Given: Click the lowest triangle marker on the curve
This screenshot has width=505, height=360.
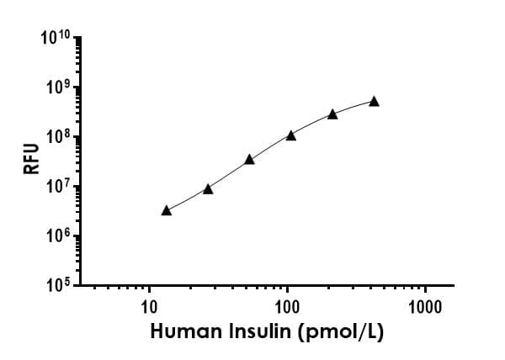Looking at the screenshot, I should [166, 210].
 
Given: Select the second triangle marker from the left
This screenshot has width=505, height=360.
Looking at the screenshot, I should [208, 189].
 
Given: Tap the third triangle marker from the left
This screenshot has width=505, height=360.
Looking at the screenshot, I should [249, 159].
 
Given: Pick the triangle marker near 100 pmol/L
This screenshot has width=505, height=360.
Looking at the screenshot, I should [291, 135].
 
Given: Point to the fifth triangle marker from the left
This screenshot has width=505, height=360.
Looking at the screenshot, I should [332, 114].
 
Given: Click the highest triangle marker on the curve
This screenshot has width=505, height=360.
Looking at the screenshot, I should [374, 102].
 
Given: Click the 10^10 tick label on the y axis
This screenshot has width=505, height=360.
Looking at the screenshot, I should [57, 40].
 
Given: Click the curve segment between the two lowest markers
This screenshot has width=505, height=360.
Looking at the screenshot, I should [187, 201].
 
